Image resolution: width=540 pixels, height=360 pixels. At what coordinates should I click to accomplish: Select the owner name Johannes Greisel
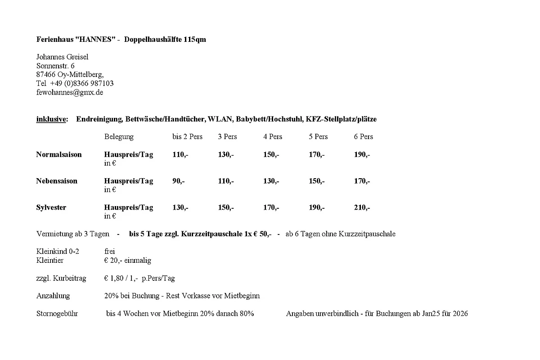click(x=62, y=57)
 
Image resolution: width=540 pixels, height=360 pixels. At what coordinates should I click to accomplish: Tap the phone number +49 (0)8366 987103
click(x=82, y=83)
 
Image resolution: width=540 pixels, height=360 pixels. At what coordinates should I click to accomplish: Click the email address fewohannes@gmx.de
click(x=70, y=92)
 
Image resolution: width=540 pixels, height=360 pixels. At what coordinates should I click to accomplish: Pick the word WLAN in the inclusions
click(x=220, y=119)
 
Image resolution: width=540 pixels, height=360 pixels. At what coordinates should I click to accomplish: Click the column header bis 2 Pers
click(x=187, y=136)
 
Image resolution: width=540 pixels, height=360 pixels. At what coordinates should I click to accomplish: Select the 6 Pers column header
click(x=363, y=136)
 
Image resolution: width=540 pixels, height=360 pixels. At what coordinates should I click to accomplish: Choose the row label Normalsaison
click(x=59, y=154)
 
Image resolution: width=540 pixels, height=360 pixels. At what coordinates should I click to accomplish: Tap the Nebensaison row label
click(x=57, y=181)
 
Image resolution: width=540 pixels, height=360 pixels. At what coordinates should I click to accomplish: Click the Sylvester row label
click(x=51, y=207)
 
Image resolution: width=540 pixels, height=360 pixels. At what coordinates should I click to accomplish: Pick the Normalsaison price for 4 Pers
click(x=271, y=154)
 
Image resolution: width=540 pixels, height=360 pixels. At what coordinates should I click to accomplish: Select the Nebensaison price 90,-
click(x=178, y=181)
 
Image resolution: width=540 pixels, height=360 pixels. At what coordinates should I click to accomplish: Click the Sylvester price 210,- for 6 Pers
click(x=362, y=207)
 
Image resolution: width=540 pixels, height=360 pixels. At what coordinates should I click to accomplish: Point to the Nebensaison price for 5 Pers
click(x=316, y=181)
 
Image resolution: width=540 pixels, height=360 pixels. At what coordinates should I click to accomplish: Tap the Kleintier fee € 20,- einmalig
click(x=127, y=260)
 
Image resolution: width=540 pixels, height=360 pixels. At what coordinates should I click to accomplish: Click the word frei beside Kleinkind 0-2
click(x=109, y=251)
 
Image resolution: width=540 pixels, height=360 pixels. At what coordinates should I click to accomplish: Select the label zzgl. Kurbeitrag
click(x=61, y=278)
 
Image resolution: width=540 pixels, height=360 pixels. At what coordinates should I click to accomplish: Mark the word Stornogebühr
click(x=57, y=313)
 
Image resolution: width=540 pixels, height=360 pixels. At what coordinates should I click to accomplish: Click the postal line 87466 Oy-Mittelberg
click(x=70, y=74)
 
